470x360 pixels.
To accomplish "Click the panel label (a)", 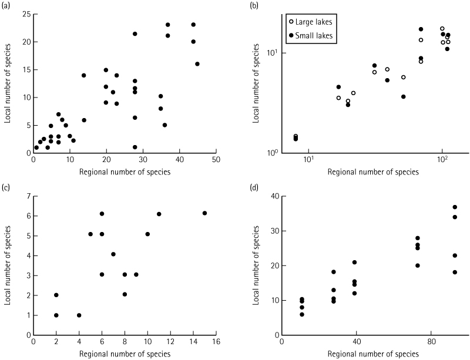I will (6, 5).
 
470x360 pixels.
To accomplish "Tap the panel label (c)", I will (6, 188).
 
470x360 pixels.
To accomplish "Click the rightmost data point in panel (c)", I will (204, 213).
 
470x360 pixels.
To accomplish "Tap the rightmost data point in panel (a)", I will (197, 64).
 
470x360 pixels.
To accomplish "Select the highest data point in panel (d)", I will (455, 207).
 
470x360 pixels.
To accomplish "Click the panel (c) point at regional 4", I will (79, 315).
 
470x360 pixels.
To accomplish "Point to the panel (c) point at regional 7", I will (113, 254).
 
